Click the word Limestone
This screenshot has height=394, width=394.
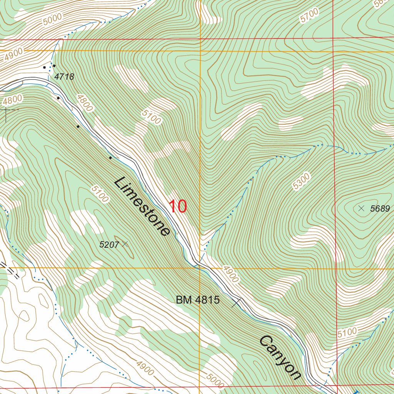[142, 207]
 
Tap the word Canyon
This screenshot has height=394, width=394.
[279, 357]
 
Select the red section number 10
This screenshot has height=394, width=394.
[178, 207]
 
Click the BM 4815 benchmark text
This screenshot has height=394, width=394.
[198, 300]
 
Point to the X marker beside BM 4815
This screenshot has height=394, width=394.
[237, 303]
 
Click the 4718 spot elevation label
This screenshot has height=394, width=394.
[64, 77]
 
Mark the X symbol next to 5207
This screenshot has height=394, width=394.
[124, 244]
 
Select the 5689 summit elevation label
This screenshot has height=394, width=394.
[380, 209]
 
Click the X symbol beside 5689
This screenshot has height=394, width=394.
[361, 209]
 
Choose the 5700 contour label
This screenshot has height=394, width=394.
[310, 15]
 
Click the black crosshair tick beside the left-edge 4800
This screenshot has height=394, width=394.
[6, 110]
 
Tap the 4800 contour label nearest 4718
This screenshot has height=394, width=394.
[84, 103]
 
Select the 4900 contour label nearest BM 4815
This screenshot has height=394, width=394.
[230, 274]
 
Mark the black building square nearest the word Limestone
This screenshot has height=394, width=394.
[110, 158]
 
